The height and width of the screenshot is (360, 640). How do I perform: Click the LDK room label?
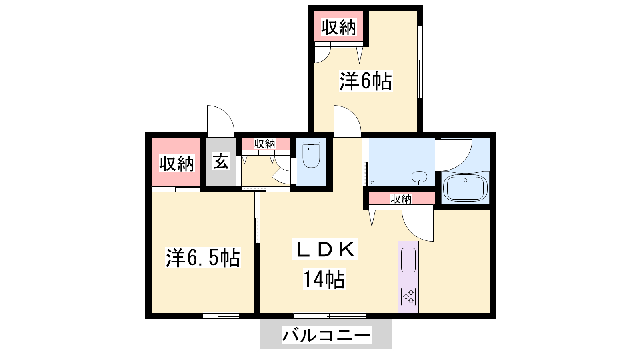coord(325,249)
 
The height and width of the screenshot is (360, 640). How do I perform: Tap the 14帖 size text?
coord(324,279)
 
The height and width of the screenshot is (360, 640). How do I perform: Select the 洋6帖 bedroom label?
coord(366,81)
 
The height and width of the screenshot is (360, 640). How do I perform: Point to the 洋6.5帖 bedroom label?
coord(203,258)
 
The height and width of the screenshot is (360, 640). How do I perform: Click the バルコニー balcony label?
coord(327,335)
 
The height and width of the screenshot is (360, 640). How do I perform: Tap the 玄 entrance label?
coord(221,162)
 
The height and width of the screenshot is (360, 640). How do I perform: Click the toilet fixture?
coord(311,153)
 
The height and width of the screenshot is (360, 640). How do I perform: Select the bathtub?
coord(466,188)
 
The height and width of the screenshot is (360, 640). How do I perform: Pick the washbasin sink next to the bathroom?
coord(420,178)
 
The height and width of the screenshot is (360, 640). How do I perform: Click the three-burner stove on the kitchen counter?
coord(408,296)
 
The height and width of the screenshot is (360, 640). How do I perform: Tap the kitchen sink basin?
coord(408,260)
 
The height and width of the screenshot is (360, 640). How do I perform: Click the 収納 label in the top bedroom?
coord(338,27)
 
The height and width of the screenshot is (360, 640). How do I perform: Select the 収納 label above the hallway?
coord(264,144)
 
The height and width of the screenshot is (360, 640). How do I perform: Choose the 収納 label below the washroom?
coord(401,199)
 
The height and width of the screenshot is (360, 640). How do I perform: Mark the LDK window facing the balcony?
coord(330,316)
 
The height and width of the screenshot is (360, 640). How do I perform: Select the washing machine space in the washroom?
coord(378,177)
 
